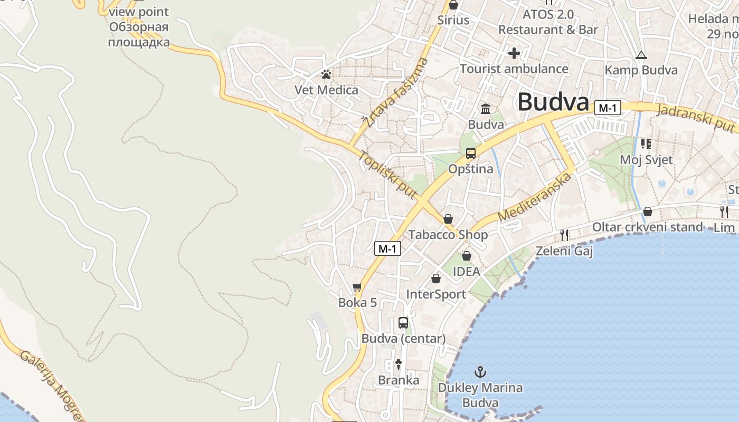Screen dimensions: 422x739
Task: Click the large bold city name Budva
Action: click(553, 102)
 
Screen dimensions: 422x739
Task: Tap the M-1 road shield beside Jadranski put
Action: click(608, 108)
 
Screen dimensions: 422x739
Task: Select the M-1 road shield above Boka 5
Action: click(387, 248)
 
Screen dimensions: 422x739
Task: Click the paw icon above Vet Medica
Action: click(326, 75)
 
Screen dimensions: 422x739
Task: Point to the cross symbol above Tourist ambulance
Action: click(514, 53)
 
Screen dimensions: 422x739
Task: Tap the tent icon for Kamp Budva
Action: click(641, 55)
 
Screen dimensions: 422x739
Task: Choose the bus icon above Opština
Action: click(470, 154)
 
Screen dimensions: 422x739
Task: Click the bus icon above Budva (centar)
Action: click(403, 323)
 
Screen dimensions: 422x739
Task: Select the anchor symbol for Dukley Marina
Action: click(480, 372)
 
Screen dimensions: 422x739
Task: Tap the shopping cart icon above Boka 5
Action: click(357, 287)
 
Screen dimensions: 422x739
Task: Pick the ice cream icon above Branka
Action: click(399, 364)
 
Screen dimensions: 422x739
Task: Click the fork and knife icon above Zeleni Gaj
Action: click(564, 235)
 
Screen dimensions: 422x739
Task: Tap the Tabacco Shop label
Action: click(448, 235)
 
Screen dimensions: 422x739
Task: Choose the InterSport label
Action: click(436, 294)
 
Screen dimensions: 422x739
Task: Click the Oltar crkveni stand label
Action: click(647, 227)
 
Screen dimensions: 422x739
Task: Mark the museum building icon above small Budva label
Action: click(486, 109)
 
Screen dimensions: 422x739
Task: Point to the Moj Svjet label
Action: click(646, 160)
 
